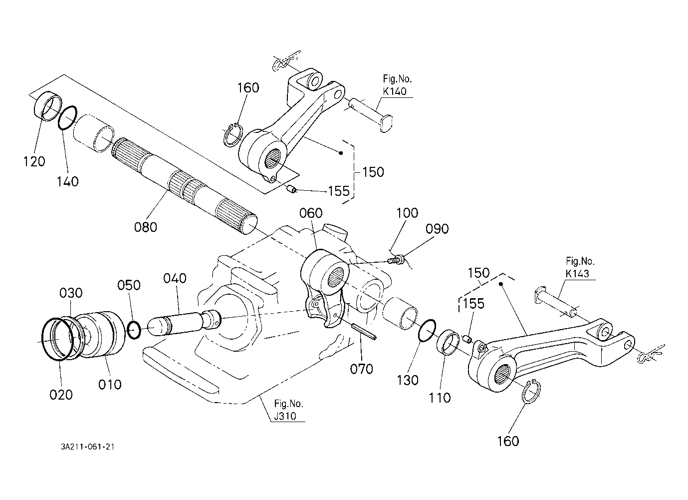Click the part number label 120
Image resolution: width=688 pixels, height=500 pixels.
[34, 161]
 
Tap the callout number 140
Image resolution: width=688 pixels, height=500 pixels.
[67, 182]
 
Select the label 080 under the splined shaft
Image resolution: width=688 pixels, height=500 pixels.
[146, 227]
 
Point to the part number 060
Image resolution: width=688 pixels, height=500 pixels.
[311, 213]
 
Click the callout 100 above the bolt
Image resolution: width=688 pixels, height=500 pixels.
[407, 213]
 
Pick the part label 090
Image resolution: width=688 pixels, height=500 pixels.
[437, 228]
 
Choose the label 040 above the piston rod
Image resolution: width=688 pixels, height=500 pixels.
[175, 278]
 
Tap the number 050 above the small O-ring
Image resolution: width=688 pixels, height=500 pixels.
[129, 285]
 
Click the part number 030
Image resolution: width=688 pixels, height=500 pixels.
[71, 293]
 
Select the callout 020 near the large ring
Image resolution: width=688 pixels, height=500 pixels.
[61, 395]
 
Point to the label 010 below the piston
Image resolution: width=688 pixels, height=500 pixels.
[110, 385]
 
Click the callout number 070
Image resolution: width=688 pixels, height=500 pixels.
[362, 369]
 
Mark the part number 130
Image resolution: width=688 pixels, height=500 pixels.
[408, 381]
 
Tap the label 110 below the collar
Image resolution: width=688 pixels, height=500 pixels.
[440, 398]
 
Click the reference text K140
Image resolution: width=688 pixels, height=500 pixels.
[395, 91]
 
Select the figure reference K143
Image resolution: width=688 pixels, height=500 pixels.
[577, 273]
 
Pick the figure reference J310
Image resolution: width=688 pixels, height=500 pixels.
[285, 416]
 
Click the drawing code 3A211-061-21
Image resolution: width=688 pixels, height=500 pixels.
[87, 447]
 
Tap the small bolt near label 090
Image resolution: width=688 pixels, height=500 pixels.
[396, 260]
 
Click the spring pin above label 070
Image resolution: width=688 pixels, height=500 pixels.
[364, 332]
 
